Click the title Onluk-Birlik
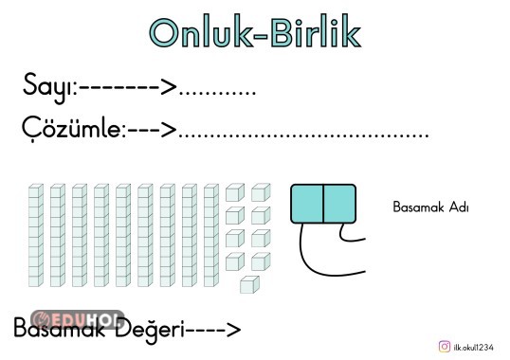pyautogui.click(x=255, y=31)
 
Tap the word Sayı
pyautogui.click(x=48, y=88)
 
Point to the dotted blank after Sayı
pyautogui.click(x=217, y=94)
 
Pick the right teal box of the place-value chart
pyautogui.click(x=339, y=204)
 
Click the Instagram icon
pyautogui.click(x=444, y=347)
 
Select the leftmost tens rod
pyautogui.click(x=35, y=235)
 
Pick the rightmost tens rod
pyautogui.click(x=210, y=235)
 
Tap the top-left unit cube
pyautogui.click(x=233, y=193)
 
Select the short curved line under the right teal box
pyautogui.click(x=351, y=233)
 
